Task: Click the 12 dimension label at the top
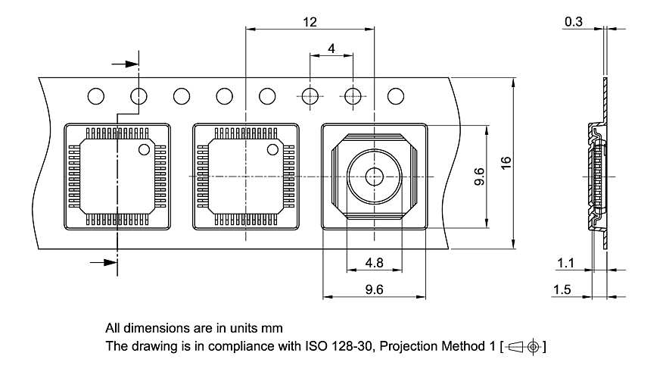(310, 23)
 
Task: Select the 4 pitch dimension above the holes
(331, 48)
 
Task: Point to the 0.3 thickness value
(573, 23)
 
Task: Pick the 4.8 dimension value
(374, 263)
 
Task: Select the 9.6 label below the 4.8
(374, 289)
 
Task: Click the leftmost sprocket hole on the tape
(95, 96)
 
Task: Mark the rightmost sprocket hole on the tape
(395, 96)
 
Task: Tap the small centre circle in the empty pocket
(374, 176)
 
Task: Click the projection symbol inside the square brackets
(524, 347)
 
